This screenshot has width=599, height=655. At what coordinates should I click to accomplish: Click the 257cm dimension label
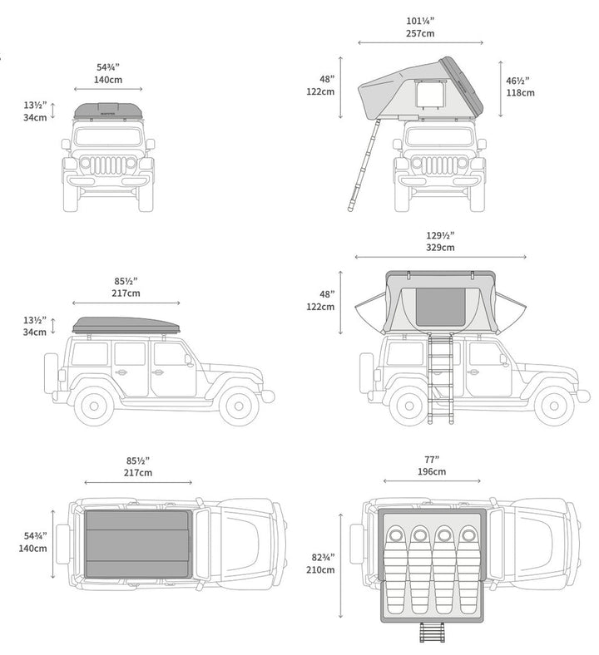(x=420, y=34)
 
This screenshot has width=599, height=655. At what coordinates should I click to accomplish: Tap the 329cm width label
(x=440, y=247)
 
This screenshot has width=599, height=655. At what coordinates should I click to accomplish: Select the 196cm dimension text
(x=432, y=471)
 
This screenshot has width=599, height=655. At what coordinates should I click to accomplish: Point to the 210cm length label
(x=319, y=569)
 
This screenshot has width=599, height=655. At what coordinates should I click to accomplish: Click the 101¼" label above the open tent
(x=421, y=22)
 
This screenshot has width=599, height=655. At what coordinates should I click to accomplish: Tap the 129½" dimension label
(x=440, y=235)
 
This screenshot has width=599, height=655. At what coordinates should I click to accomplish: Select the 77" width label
(x=432, y=460)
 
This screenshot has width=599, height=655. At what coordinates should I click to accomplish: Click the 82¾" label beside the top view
(x=320, y=557)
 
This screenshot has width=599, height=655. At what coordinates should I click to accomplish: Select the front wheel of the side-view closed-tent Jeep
(x=239, y=405)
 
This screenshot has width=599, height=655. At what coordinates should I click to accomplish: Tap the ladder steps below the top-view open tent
(x=434, y=633)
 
